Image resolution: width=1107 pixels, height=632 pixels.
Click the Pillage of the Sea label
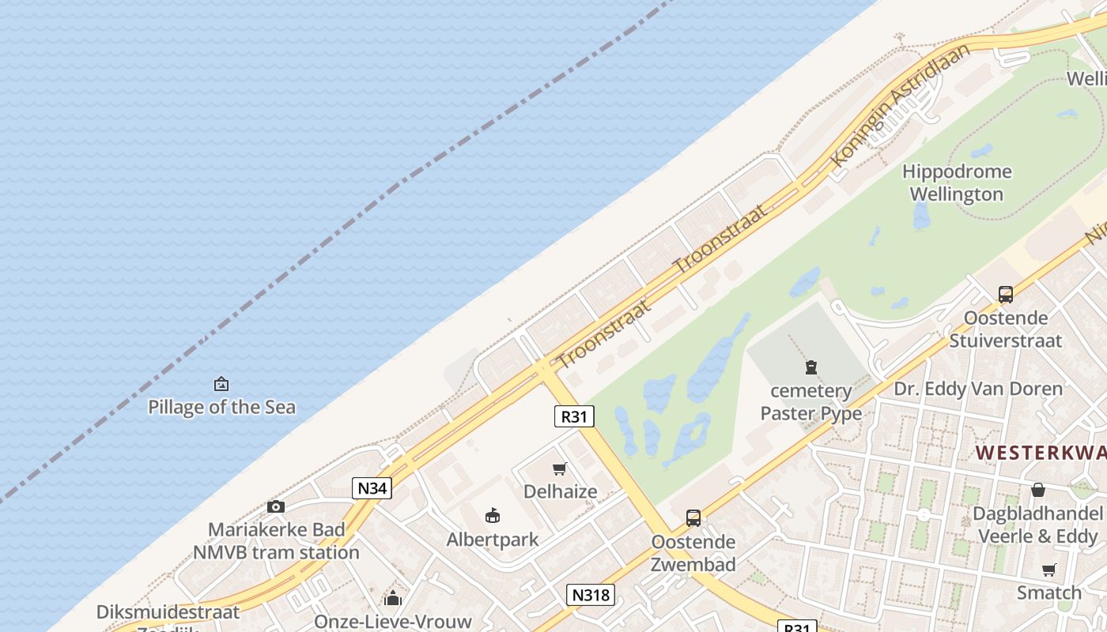tap(221, 408)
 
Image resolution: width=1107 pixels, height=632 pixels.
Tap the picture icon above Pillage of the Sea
tap(221, 385)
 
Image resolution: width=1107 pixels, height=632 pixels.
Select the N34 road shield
tap(372, 488)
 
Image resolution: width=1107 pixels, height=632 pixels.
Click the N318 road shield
tap(591, 595)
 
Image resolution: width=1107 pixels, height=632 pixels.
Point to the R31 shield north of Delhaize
tap(574, 416)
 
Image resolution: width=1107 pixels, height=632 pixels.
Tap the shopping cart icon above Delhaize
tap(560, 469)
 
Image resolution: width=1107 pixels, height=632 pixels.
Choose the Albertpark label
tap(492, 540)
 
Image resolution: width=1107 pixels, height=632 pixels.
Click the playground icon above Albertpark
tap(493, 517)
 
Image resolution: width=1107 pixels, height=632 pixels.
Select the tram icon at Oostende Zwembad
tap(693, 518)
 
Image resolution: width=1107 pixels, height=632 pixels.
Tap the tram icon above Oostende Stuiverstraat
tap(1005, 295)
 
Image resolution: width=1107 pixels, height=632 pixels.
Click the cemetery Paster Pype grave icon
tap(810, 367)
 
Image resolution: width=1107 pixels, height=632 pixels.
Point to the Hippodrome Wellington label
tap(956, 182)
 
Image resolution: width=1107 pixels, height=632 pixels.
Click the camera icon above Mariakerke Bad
tap(275, 506)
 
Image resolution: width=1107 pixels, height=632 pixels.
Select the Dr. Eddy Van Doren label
tap(977, 389)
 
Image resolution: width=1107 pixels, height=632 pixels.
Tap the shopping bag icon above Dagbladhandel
tap(1037, 490)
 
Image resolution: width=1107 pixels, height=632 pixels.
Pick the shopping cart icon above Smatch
tap(1048, 570)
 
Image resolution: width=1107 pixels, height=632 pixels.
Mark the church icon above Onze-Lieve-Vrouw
tap(393, 598)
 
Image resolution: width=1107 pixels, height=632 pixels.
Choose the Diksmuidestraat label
tap(168, 612)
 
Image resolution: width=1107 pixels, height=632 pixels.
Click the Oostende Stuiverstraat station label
tap(1005, 329)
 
